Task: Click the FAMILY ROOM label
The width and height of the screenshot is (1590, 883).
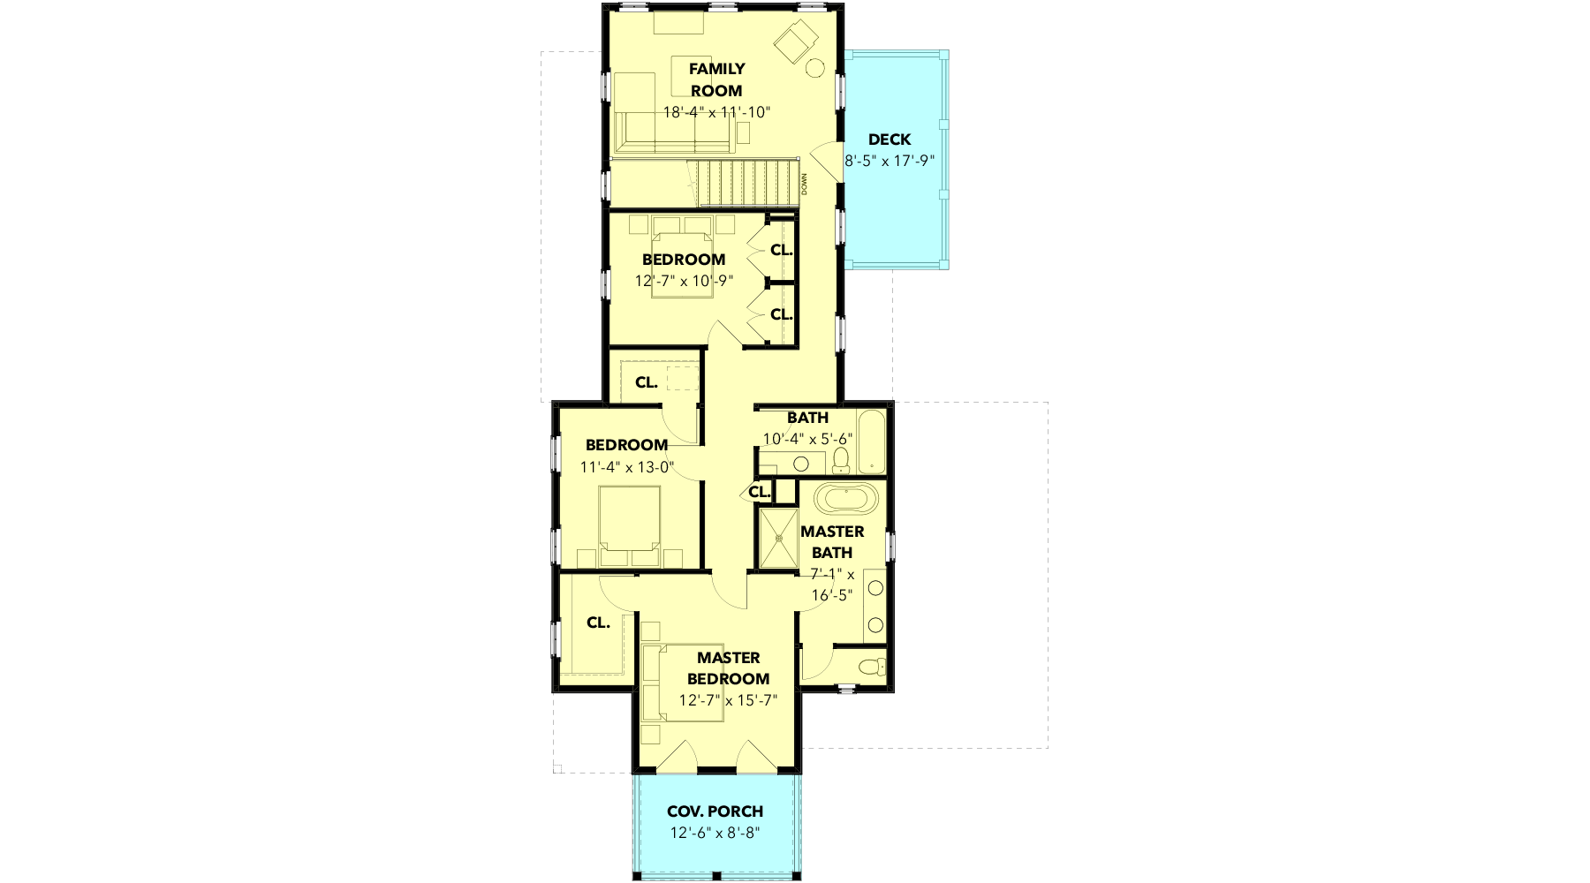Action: [x=717, y=79]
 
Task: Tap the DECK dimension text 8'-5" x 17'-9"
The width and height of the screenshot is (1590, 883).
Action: [x=890, y=161]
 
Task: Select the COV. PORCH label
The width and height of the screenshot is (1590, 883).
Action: [x=715, y=811]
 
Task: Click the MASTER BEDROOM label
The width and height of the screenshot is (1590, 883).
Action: [x=728, y=668]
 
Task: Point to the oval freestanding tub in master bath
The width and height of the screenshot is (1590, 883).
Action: [x=846, y=498]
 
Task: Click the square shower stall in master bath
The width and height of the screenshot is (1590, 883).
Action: [x=778, y=538]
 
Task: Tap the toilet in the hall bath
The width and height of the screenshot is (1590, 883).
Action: [x=841, y=459]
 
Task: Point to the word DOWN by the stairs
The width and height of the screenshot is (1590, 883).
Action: [x=805, y=184]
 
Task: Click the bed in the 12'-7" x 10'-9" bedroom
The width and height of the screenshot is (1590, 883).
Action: [x=682, y=263]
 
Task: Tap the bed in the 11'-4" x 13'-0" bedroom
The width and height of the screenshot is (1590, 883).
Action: [x=629, y=525]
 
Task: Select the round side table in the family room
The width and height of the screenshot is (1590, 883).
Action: [x=814, y=66]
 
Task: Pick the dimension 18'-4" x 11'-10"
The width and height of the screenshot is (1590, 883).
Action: [x=717, y=112]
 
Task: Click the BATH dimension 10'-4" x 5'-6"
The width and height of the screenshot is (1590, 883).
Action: [x=807, y=439]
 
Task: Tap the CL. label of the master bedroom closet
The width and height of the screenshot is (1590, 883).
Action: [x=598, y=623]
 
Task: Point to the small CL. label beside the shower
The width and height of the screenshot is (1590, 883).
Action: [x=759, y=492]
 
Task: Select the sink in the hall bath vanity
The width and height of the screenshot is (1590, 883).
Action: [x=801, y=464]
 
